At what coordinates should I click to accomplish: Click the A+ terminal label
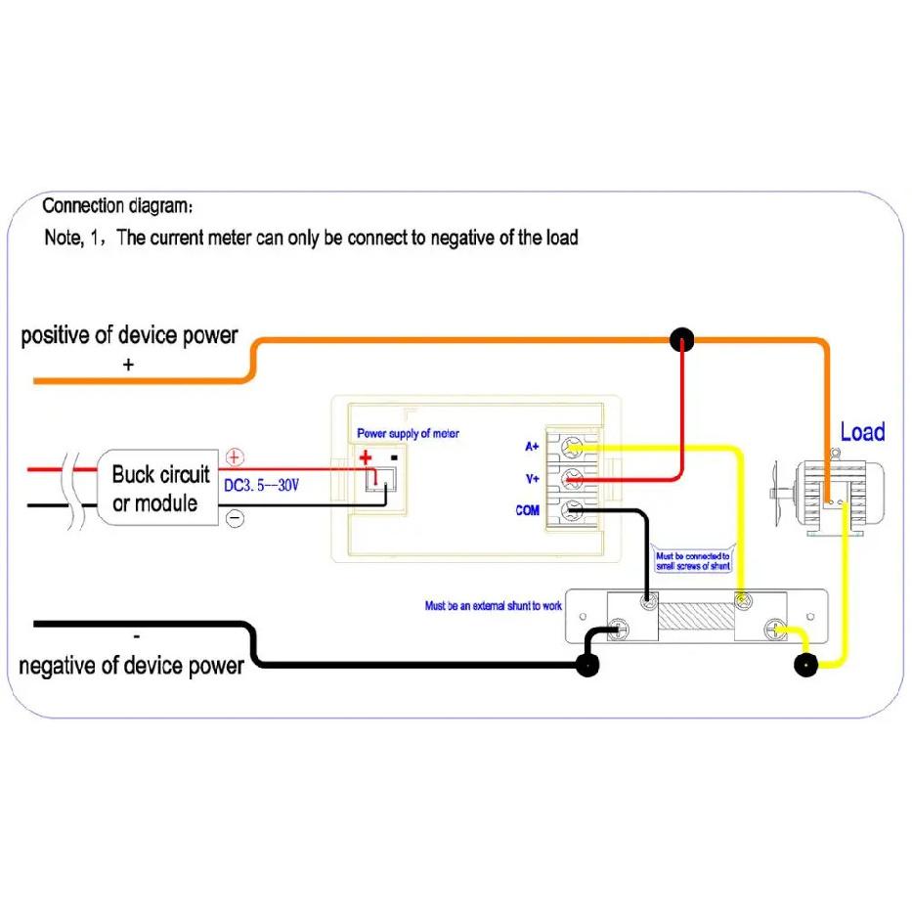click(x=532, y=446)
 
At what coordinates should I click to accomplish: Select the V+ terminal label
click(x=532, y=479)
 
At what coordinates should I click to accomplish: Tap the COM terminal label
click(x=527, y=510)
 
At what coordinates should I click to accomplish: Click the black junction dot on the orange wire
click(x=681, y=339)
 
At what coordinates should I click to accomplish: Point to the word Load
click(x=862, y=432)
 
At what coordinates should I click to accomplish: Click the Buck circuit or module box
click(x=157, y=488)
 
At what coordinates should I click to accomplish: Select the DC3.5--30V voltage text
click(x=261, y=485)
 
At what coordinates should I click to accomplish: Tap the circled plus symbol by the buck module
click(x=235, y=457)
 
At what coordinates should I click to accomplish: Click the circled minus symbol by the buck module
click(x=235, y=518)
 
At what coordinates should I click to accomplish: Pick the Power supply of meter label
click(x=408, y=433)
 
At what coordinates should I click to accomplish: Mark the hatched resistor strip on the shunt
click(x=696, y=616)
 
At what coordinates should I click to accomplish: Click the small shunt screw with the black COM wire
click(x=648, y=601)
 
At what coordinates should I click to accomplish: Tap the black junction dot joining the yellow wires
click(x=806, y=665)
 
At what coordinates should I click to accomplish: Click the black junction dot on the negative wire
click(x=586, y=665)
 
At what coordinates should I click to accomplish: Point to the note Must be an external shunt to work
click(x=494, y=606)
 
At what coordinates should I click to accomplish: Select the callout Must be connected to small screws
click(x=693, y=561)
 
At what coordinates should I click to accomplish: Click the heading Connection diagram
click(x=117, y=206)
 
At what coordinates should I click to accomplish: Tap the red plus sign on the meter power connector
click(x=366, y=457)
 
